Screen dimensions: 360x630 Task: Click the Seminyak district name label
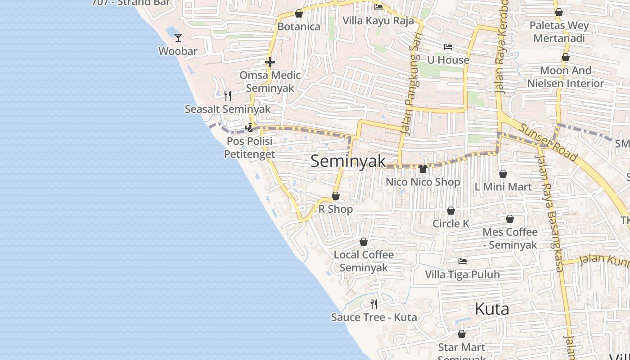pyautogui.click(x=348, y=161)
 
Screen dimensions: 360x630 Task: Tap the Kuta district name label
pyautogui.click(x=492, y=309)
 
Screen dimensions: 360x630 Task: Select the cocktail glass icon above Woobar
pyautogui.click(x=178, y=37)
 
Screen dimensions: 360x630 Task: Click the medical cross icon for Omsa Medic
pyautogui.click(x=270, y=62)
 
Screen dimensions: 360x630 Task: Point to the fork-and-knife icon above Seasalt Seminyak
pyautogui.click(x=228, y=95)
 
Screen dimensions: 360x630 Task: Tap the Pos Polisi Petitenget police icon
pyautogui.click(x=249, y=128)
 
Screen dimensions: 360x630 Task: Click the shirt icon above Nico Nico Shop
pyautogui.click(x=423, y=169)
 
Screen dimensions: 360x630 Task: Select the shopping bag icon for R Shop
pyautogui.click(x=336, y=196)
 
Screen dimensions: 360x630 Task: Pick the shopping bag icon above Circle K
pyautogui.click(x=451, y=211)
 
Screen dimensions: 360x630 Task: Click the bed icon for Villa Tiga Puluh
pyautogui.click(x=462, y=261)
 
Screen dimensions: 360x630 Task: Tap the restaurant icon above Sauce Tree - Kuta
pyautogui.click(x=374, y=304)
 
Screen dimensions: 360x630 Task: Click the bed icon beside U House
pyautogui.click(x=448, y=46)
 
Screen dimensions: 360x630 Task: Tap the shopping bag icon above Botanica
pyautogui.click(x=299, y=13)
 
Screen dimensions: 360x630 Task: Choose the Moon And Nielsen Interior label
pyautogui.click(x=566, y=77)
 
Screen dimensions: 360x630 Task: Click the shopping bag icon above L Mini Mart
pyautogui.click(x=503, y=174)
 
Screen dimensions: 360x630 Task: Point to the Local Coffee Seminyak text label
pyautogui.click(x=364, y=261)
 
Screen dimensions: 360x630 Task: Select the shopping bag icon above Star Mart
pyautogui.click(x=462, y=334)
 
